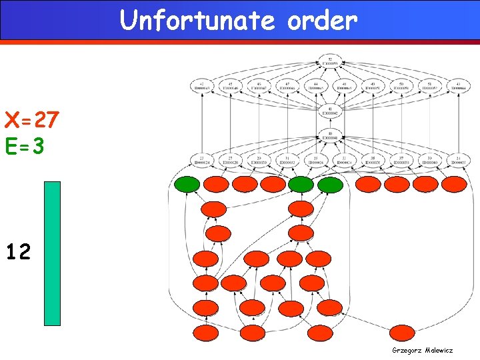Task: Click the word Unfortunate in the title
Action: tap(197, 21)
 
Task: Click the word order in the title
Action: tap(323, 21)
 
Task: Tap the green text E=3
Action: tap(25, 146)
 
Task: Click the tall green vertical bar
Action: tap(52, 253)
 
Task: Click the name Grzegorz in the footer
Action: tap(407, 349)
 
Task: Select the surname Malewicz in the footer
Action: tap(438, 349)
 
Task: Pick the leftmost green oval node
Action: tap(187, 185)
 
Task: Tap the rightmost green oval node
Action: tap(330, 185)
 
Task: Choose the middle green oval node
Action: tap(301, 185)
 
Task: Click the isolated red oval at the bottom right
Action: tap(401, 332)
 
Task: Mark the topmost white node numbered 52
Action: tap(331, 61)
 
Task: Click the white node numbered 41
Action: tap(331, 111)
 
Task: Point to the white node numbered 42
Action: tap(201, 86)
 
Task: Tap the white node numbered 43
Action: tap(457, 86)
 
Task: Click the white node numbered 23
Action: tap(201, 161)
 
